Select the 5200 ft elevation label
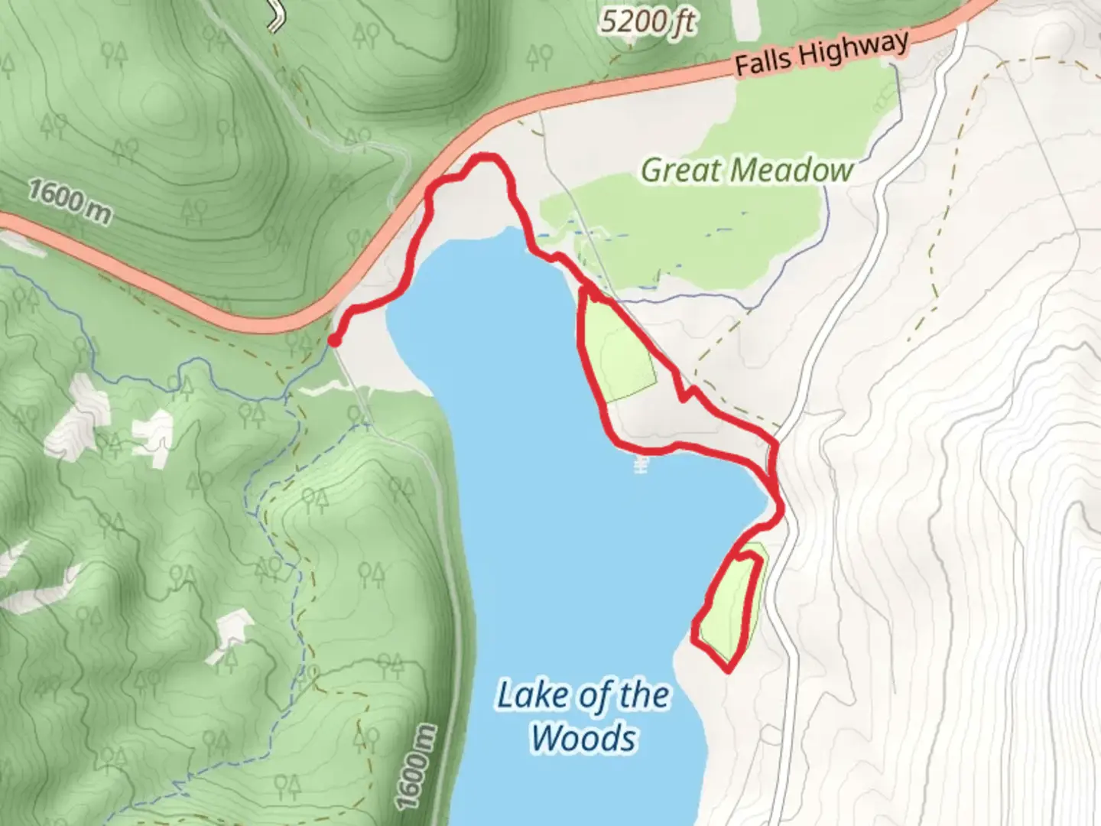coord(647,21)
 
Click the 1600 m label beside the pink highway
coord(69,201)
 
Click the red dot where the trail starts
coord(334,340)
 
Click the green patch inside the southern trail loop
coord(732,604)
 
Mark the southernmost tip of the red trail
coord(727,670)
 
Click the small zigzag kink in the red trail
coord(687,393)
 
